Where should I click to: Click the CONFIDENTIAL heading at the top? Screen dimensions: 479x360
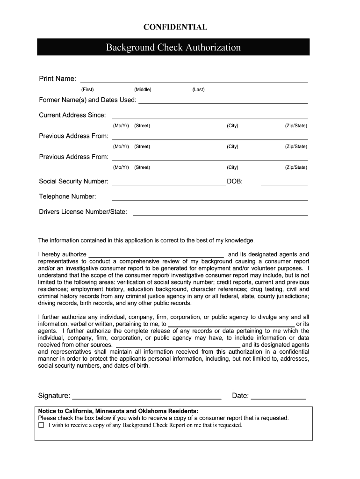click(x=175, y=27)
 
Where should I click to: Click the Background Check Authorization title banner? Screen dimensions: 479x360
click(x=173, y=47)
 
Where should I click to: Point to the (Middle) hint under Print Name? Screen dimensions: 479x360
click(x=143, y=89)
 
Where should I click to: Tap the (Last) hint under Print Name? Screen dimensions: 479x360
click(x=198, y=89)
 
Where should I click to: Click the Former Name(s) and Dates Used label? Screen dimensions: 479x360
click(x=87, y=100)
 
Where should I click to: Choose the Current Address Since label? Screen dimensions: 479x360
click(x=72, y=115)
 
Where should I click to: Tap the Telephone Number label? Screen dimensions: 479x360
click(x=67, y=196)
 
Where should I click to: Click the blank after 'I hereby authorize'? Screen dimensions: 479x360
click(x=159, y=255)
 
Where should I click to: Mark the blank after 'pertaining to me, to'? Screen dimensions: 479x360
click(x=231, y=324)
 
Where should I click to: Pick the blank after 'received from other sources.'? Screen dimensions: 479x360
click(x=178, y=346)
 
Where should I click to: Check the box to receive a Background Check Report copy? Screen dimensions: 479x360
click(x=41, y=425)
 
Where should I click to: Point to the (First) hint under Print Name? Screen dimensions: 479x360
click(x=87, y=89)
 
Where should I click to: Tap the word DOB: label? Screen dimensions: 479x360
click(x=235, y=181)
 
